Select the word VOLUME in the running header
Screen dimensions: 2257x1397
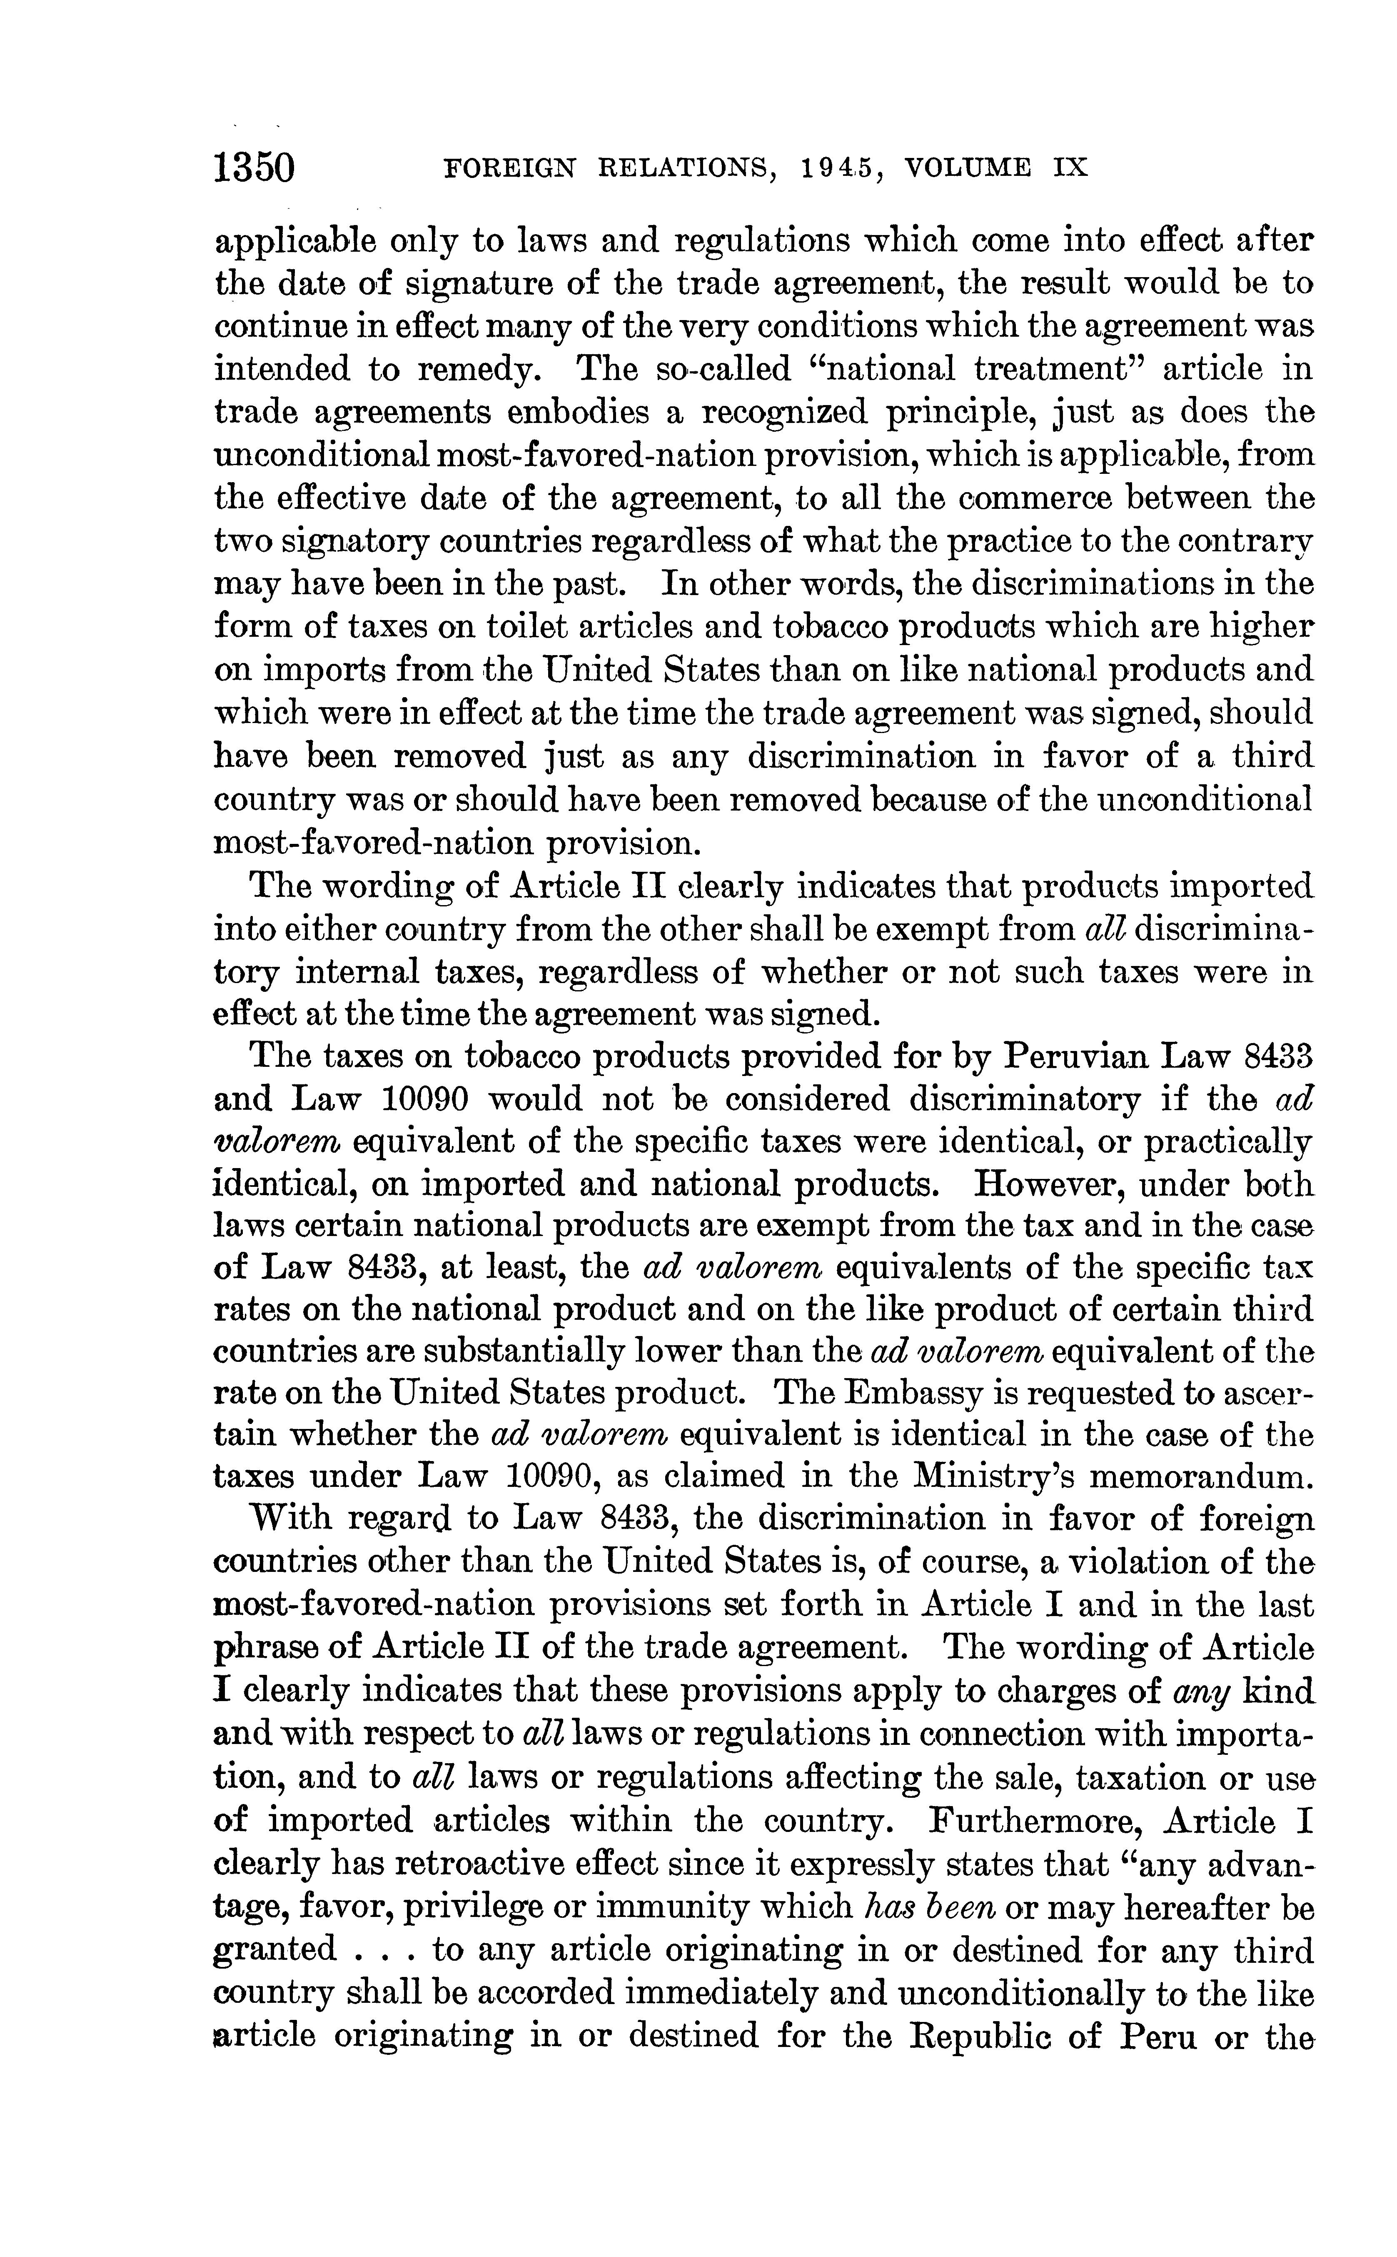tap(968, 169)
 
